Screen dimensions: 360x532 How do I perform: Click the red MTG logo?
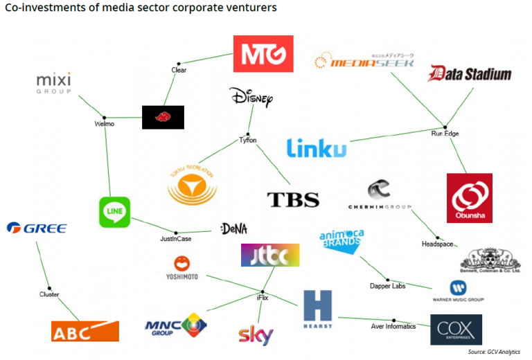[x=263, y=54]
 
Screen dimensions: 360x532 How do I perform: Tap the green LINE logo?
[x=114, y=212]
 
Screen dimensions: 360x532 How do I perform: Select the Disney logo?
[x=251, y=98]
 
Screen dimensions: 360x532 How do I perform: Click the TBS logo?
[x=293, y=199]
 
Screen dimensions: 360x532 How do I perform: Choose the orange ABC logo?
[x=85, y=331]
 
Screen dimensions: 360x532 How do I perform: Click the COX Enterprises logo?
[x=456, y=330]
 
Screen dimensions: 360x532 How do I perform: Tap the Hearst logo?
[x=317, y=309]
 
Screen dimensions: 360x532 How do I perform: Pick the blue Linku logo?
[x=316, y=147]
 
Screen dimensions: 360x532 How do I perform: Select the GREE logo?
[x=36, y=228]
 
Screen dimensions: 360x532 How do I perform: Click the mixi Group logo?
[x=53, y=83]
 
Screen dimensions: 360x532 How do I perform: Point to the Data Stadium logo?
[x=470, y=74]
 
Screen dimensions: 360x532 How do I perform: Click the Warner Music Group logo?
[x=457, y=291]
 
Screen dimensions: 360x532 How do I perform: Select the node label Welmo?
[x=104, y=124]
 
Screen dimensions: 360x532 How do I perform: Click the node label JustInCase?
[x=175, y=239]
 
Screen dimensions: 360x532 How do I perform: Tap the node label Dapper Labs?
[x=387, y=286]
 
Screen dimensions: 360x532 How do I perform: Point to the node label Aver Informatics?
[x=393, y=326]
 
